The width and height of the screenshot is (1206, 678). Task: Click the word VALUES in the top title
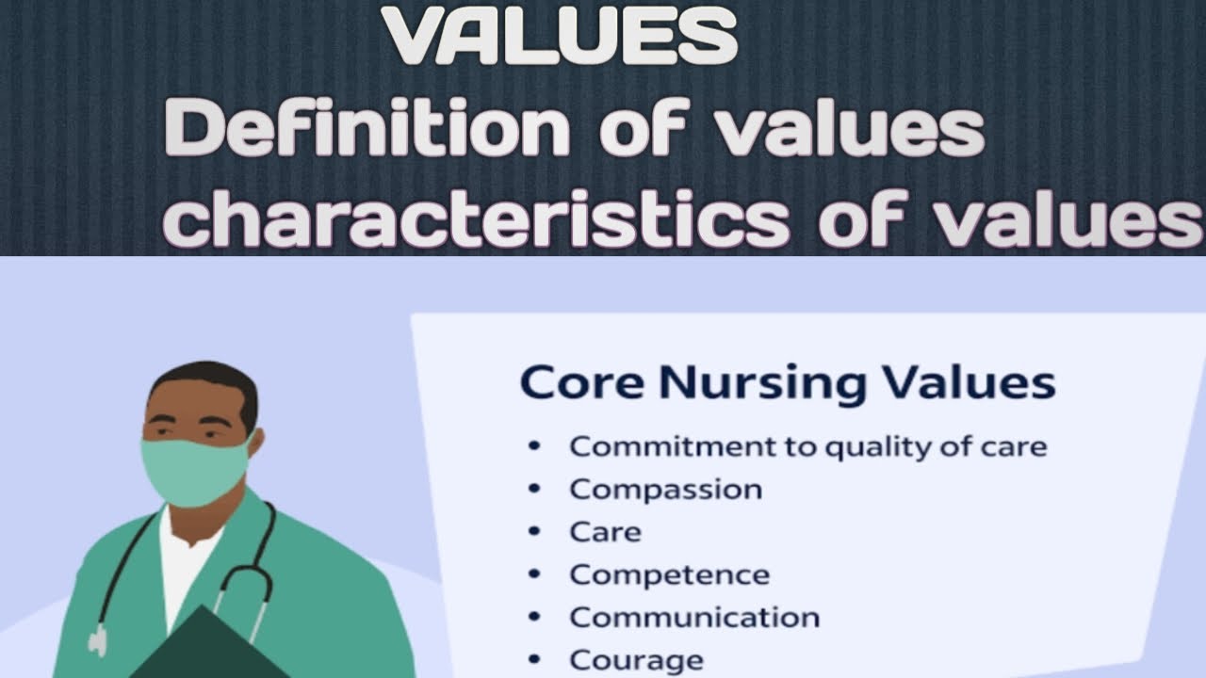coord(560,36)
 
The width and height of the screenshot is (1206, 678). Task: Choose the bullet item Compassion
coord(665,490)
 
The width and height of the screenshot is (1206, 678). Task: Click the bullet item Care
coord(605,532)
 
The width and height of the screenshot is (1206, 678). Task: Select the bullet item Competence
coord(669,574)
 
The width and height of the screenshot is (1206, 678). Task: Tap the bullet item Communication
coord(694,617)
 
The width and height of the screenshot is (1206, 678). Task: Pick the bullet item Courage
coord(636,659)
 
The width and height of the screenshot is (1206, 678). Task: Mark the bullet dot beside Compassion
coord(535,489)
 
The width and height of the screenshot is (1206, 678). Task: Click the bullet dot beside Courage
coord(535,658)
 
